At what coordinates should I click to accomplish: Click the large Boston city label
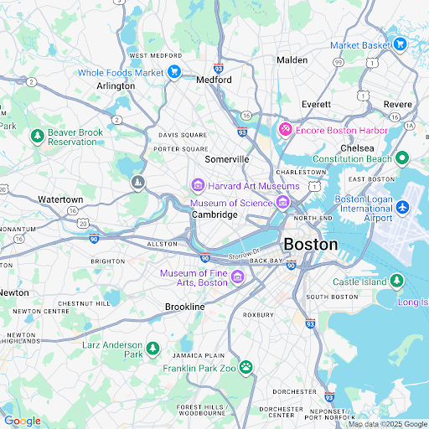click(311, 245)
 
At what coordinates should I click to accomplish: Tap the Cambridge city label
click(214, 214)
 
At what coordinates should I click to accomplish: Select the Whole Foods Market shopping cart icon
click(174, 73)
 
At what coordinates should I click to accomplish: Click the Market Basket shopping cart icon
click(400, 44)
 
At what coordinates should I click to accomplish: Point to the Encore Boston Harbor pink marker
click(285, 130)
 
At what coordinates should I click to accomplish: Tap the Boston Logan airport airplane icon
click(402, 206)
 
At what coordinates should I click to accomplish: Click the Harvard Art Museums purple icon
click(198, 185)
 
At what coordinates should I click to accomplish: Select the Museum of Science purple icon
click(283, 202)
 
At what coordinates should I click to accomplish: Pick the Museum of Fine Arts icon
click(238, 277)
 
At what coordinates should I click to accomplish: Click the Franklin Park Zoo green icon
click(246, 367)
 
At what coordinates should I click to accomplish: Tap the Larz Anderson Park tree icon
click(152, 348)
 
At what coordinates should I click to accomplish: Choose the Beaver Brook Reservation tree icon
click(37, 136)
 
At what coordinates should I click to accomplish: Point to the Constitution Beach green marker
click(402, 158)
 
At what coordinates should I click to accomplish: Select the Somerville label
click(227, 159)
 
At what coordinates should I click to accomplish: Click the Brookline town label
click(185, 308)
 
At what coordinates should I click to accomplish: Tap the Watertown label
click(60, 199)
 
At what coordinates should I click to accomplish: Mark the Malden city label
click(292, 59)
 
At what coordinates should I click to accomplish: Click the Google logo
click(23, 421)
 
